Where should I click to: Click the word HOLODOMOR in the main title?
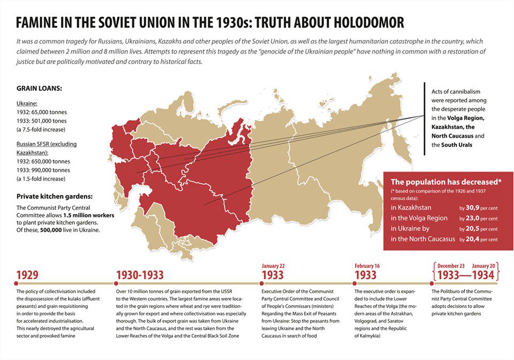pos(359,22)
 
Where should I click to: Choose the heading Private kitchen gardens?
pos(57,196)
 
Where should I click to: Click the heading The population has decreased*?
pos(446,182)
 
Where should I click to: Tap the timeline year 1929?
pos(27,275)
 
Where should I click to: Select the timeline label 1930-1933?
pos(140,275)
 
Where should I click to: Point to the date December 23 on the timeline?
pos(451,265)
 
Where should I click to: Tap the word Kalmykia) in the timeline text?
pos(367,336)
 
